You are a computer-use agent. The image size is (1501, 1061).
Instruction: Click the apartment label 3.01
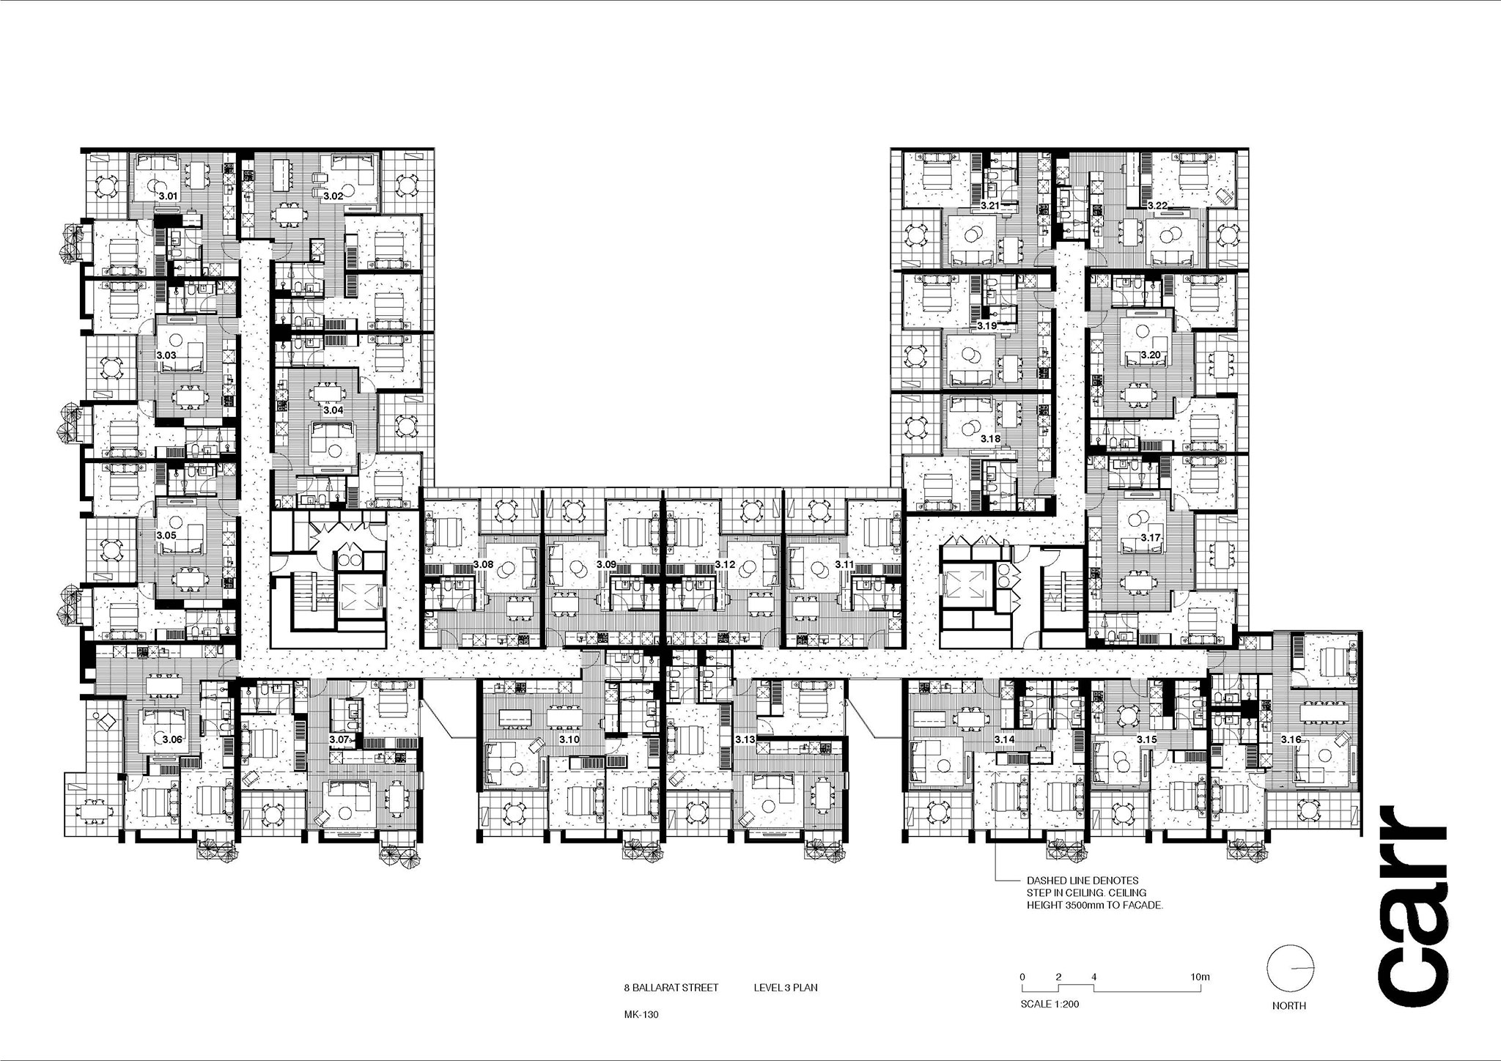point(169,196)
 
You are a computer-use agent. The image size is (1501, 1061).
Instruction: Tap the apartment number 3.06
point(172,739)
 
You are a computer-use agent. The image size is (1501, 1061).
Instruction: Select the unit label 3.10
point(569,739)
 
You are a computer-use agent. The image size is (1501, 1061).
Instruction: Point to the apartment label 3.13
point(745,739)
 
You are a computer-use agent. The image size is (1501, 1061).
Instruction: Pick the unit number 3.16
point(1291,739)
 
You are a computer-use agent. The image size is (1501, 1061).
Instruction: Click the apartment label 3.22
point(1157,205)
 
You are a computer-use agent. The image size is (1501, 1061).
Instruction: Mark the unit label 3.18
point(990,438)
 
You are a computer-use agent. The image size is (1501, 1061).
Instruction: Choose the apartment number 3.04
point(333,410)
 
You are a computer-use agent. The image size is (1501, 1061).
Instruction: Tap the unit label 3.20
point(1150,355)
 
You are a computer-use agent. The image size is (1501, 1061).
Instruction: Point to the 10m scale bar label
point(1200,977)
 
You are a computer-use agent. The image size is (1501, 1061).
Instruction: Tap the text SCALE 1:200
point(1050,1004)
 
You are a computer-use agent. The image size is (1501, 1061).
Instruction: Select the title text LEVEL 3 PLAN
point(786,988)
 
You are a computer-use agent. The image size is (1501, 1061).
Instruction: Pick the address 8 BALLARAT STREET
point(667,988)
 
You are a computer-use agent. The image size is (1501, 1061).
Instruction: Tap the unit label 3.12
point(725,565)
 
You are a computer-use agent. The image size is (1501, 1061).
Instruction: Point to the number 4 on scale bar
point(1094,977)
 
